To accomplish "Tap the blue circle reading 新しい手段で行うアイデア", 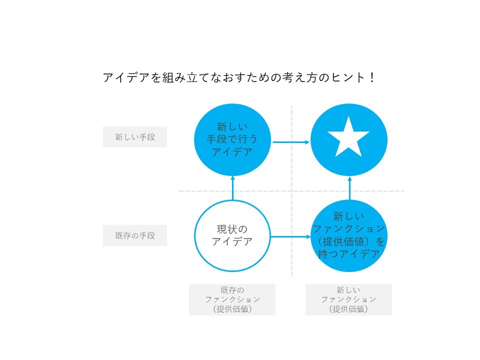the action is (x=232, y=140).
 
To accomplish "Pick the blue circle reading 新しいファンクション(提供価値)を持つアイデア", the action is (x=349, y=235).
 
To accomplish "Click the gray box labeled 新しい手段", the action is (x=135, y=137).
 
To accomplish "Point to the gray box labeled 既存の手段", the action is (x=135, y=235).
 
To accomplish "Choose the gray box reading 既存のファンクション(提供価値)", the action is (x=232, y=299).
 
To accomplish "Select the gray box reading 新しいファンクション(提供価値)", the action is (x=348, y=299).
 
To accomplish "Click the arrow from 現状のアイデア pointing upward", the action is (x=232, y=188).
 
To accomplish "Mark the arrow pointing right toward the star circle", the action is (x=291, y=142).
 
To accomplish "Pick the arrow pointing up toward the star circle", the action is (x=350, y=188).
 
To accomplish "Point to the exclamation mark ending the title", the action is (x=372, y=77).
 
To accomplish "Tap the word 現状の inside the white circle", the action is (x=232, y=229).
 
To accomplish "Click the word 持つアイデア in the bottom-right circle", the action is (x=348, y=254).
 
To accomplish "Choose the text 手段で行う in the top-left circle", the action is (x=232, y=139).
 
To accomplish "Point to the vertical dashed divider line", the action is (x=291, y=191).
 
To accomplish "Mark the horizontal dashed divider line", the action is (x=291, y=191).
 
